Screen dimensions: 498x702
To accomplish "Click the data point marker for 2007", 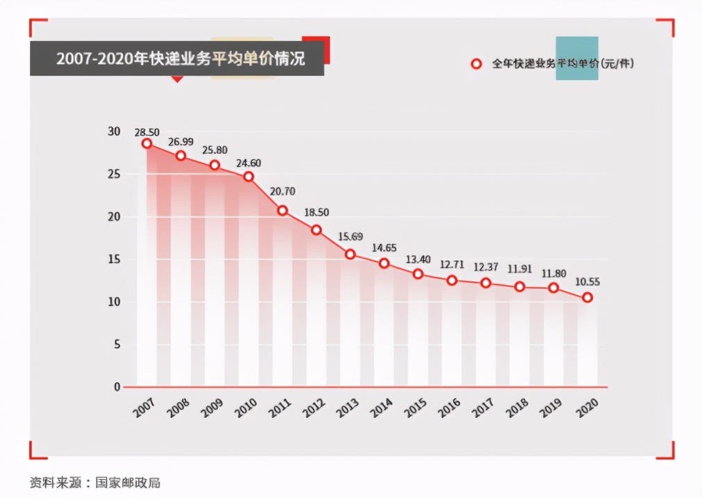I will (x=147, y=143).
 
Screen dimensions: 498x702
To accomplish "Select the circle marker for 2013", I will (x=350, y=255).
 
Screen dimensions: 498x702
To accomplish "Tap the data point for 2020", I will (x=587, y=298).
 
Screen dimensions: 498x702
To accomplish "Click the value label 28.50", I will (x=147, y=131).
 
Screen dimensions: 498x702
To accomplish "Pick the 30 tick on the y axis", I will (x=114, y=131).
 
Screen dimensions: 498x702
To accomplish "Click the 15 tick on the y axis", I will (x=114, y=259).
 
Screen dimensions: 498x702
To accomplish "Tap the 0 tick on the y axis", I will (x=117, y=387).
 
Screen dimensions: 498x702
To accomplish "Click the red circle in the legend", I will (x=476, y=64).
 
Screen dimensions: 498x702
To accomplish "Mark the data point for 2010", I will (x=248, y=177).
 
